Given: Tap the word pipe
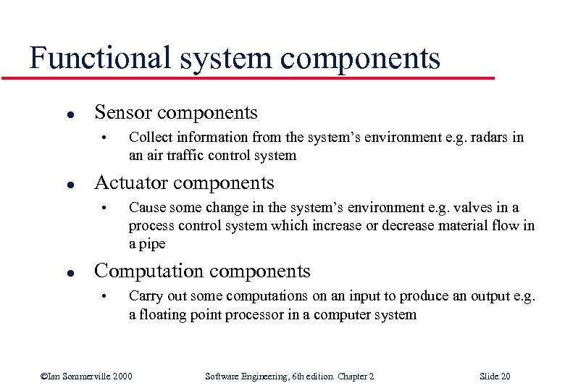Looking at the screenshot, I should pyautogui.click(x=152, y=244).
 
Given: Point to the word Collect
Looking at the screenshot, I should pyautogui.click(x=148, y=137).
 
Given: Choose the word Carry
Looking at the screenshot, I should pyautogui.click(x=145, y=296).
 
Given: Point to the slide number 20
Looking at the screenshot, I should pyautogui.click(x=505, y=377).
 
